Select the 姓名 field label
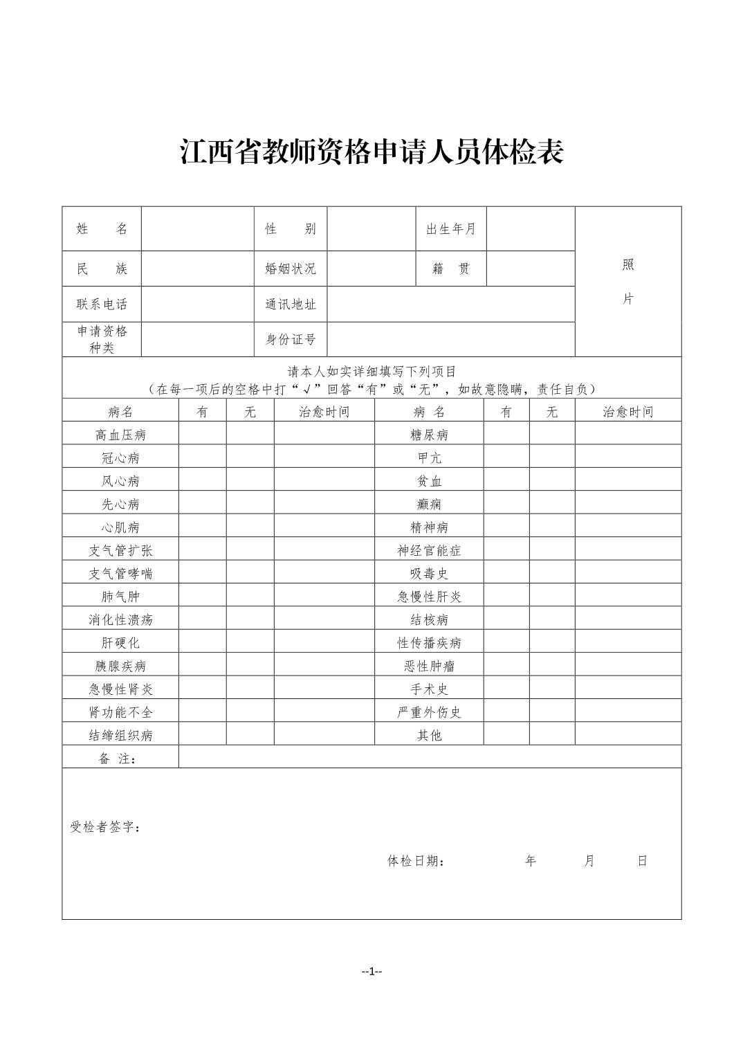[102, 229]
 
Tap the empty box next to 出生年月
[531, 229]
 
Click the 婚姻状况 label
[291, 269]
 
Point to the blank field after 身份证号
[450, 339]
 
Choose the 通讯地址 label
[291, 304]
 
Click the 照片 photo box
[627, 282]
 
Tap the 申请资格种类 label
[102, 339]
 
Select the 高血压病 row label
[120, 435]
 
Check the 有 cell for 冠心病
[202, 457]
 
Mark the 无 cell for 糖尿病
[552, 435]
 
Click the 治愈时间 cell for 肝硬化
[324, 642]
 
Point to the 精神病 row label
[429, 527]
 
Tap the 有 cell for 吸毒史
[506, 573]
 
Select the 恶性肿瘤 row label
[429, 666]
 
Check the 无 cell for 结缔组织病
[250, 735]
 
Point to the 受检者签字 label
[105, 827]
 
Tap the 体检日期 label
[415, 861]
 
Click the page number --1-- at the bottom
[371, 972]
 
